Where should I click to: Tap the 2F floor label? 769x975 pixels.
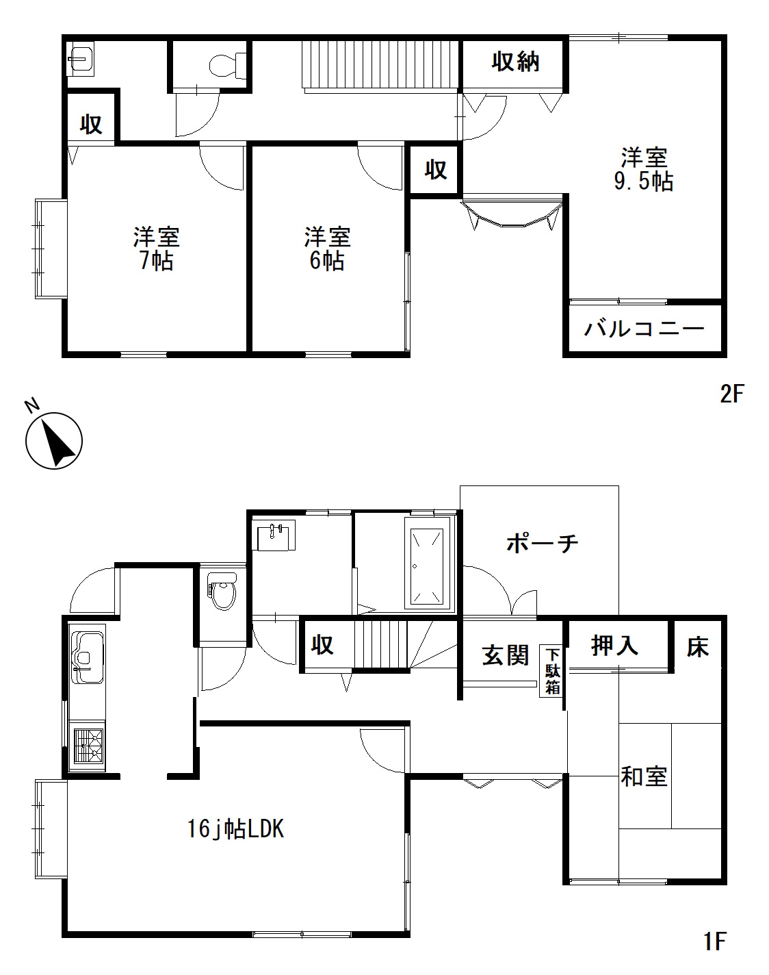pyautogui.click(x=732, y=394)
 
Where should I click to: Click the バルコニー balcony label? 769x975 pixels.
pyautogui.click(x=644, y=329)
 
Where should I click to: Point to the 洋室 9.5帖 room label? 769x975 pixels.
pyautogui.click(x=644, y=169)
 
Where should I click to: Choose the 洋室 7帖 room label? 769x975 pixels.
pyautogui.click(x=156, y=249)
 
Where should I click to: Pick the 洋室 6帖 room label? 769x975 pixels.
pyautogui.click(x=327, y=249)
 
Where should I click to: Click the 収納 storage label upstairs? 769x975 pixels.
pyautogui.click(x=515, y=62)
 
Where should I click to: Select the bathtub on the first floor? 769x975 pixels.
pyautogui.click(x=427, y=566)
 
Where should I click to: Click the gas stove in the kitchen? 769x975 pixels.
pyautogui.click(x=89, y=746)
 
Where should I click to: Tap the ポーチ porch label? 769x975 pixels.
pyautogui.click(x=542, y=543)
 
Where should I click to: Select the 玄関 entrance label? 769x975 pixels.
pyautogui.click(x=506, y=655)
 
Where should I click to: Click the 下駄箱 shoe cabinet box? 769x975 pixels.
pyautogui.click(x=551, y=671)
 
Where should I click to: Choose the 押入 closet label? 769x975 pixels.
pyautogui.click(x=614, y=646)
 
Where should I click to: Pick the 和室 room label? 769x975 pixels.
pyautogui.click(x=644, y=776)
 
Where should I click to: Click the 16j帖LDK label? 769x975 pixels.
pyautogui.click(x=235, y=829)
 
